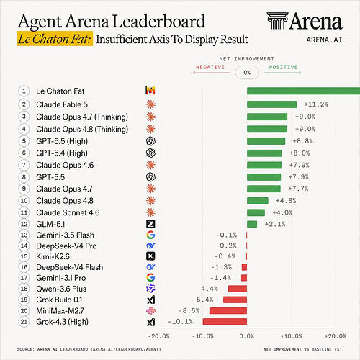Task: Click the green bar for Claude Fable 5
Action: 271,104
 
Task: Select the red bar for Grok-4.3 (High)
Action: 225,322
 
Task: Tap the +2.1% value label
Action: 275,224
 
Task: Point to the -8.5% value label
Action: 189,311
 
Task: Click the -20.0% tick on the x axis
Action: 158,336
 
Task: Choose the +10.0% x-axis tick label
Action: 291,336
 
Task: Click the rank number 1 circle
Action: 24,91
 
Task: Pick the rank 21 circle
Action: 24,322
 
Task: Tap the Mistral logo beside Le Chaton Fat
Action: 150,91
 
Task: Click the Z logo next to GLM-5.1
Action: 150,224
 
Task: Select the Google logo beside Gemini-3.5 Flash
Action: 150,235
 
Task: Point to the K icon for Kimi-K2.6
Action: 150,256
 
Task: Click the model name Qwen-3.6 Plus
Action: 61,289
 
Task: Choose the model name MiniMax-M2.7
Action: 60,311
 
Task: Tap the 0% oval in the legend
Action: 247,73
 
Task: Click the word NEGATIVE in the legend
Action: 210,67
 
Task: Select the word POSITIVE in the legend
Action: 283,67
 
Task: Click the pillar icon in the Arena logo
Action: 277,21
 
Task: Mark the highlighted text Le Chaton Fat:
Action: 55,39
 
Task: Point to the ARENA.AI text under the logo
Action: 324,40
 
